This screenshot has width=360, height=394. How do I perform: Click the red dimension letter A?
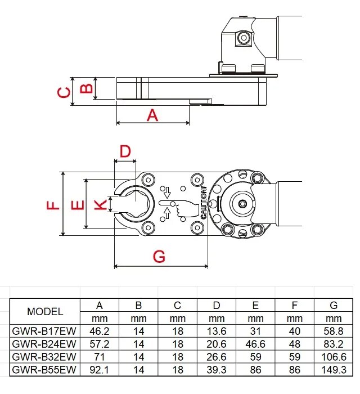click(152, 115)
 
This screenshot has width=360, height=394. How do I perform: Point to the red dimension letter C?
click(65, 92)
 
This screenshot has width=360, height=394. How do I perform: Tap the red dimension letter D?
click(125, 150)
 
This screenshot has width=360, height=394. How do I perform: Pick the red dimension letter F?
click(52, 205)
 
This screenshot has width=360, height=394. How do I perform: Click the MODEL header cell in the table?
click(46, 312)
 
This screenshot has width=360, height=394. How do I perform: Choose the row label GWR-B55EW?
click(46, 370)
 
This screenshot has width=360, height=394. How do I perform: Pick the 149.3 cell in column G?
click(334, 370)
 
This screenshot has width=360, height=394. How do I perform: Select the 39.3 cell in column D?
click(217, 370)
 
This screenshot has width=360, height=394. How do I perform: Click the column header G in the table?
click(334, 306)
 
